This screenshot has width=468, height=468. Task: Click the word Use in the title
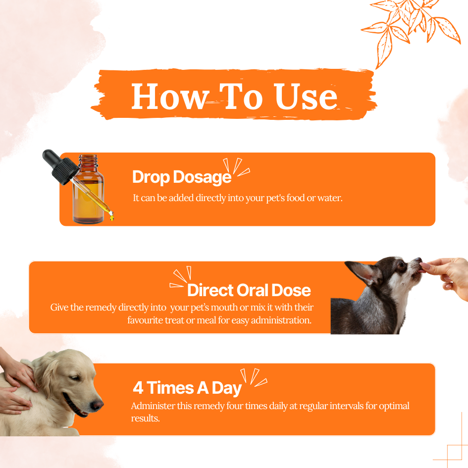click(306, 96)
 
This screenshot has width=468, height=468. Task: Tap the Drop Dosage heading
click(182, 177)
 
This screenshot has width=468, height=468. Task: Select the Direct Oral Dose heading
click(249, 290)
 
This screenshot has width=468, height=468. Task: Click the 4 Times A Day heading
click(187, 388)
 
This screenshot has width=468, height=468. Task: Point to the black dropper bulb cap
click(59, 166)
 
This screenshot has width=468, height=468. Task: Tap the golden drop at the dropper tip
click(111, 217)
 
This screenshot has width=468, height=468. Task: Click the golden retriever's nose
click(97, 405)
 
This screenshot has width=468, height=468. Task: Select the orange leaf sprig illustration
click(412, 27)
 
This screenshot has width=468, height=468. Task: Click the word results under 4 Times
click(146, 418)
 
